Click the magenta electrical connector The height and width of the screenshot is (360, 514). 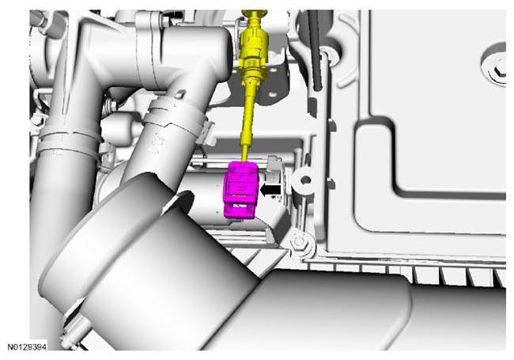(x=240, y=190)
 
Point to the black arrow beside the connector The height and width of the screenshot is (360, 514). (x=270, y=190)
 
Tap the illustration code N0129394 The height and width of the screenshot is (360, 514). (x=27, y=347)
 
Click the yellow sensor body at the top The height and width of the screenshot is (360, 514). (x=253, y=46)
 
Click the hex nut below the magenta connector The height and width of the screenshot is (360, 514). (x=299, y=241)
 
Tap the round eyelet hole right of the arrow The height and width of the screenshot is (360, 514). (x=305, y=180)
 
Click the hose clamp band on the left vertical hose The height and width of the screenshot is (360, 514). (x=69, y=139)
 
